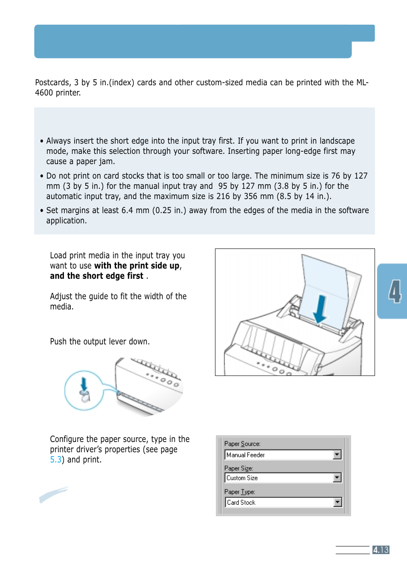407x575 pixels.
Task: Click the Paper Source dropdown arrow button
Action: (x=337, y=455)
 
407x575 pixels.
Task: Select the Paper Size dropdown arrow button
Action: (x=337, y=478)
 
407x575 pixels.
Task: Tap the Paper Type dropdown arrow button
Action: (x=337, y=502)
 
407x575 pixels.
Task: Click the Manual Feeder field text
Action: (x=246, y=455)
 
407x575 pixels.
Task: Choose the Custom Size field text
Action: (x=242, y=478)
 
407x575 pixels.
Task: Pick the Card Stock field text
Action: (x=241, y=503)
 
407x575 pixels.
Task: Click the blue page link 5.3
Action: (x=55, y=459)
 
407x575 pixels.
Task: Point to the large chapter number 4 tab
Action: (x=395, y=292)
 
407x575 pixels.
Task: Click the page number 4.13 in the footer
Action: (x=381, y=550)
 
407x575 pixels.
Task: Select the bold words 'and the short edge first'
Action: (x=96, y=276)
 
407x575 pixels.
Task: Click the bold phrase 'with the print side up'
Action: (x=137, y=266)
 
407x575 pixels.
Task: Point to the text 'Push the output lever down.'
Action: (x=99, y=341)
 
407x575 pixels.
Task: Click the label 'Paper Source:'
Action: (x=242, y=444)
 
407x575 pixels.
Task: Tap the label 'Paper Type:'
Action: (x=239, y=491)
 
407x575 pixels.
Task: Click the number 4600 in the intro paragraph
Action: (x=44, y=93)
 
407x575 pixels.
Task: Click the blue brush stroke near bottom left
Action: (x=53, y=494)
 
